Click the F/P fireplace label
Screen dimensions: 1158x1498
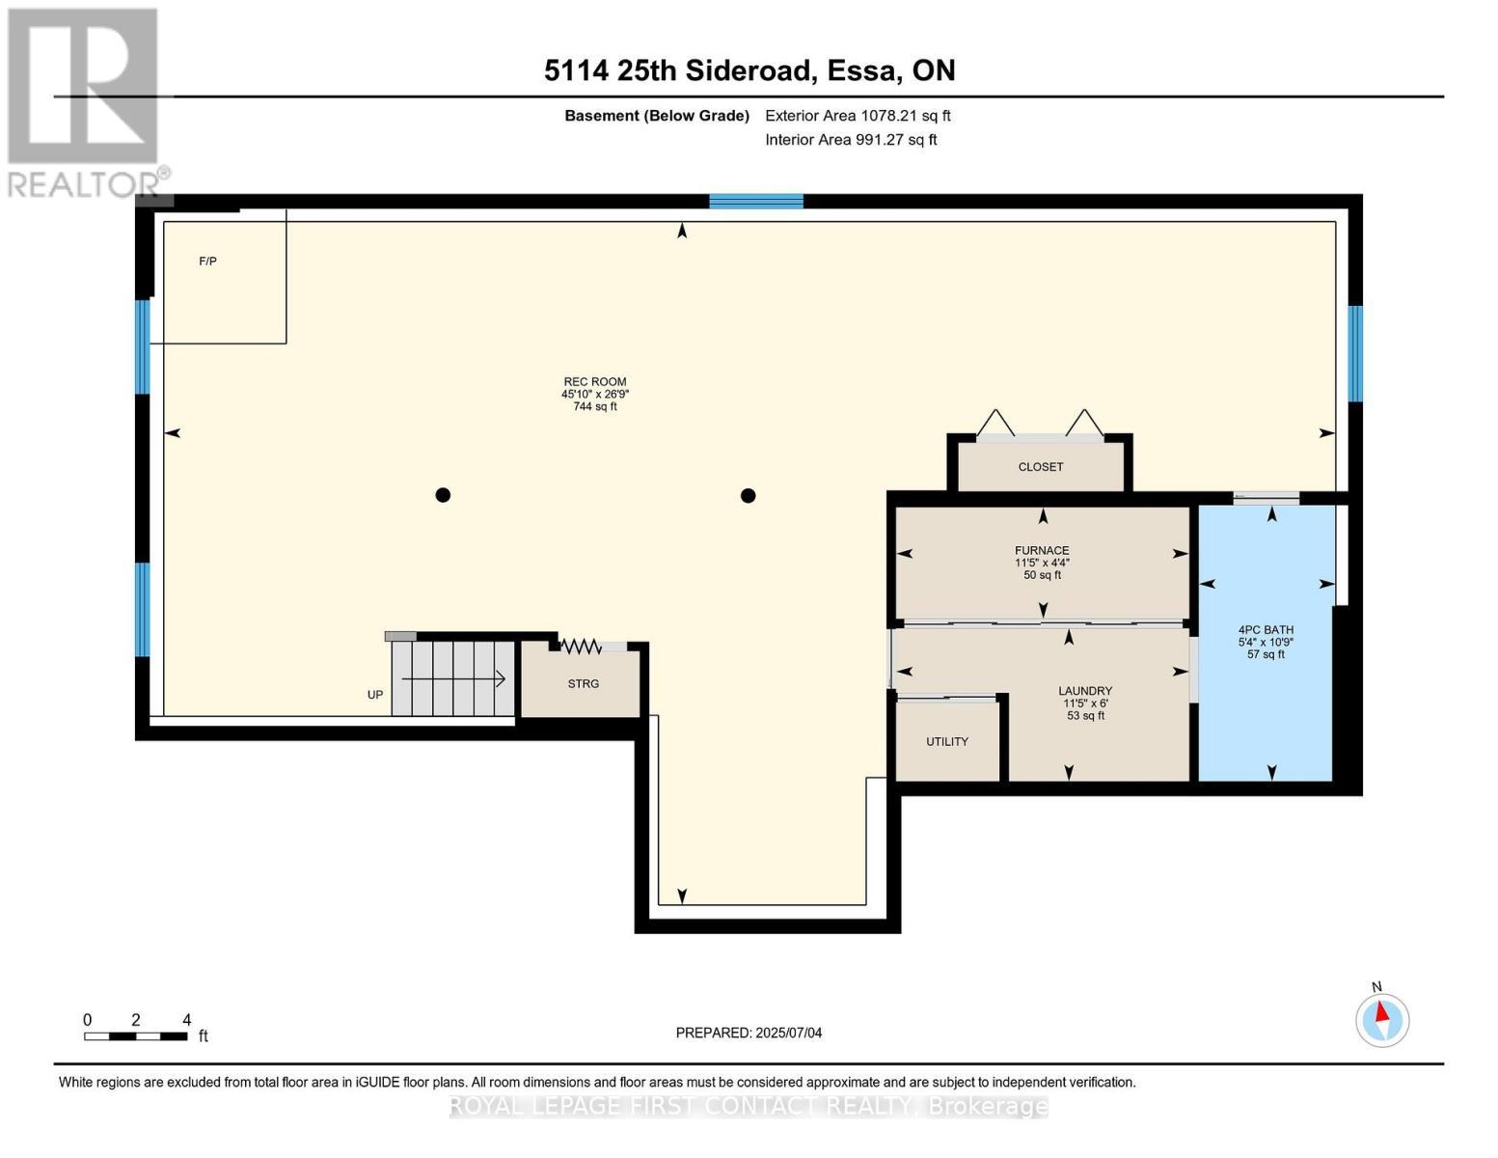(207, 262)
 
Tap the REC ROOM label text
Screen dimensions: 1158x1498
(595, 382)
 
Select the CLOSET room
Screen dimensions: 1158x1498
(1041, 467)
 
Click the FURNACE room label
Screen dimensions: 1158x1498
(1042, 551)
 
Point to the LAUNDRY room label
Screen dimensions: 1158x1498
(1085, 691)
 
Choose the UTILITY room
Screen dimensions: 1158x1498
(947, 742)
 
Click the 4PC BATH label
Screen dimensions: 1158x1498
(1266, 630)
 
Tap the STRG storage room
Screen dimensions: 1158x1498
(583, 684)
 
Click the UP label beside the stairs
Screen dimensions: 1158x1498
(375, 695)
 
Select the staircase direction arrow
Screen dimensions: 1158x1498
(453, 679)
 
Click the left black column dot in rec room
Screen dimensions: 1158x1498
(443, 495)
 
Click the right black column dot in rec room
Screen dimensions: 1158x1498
(748, 496)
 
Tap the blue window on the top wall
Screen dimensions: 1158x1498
(756, 201)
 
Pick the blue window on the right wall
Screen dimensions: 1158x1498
(1354, 353)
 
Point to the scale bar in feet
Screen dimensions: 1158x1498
(136, 1036)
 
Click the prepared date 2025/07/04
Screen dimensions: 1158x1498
(749, 1033)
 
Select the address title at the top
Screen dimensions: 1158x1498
(749, 70)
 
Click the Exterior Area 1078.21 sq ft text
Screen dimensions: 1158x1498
(858, 116)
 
